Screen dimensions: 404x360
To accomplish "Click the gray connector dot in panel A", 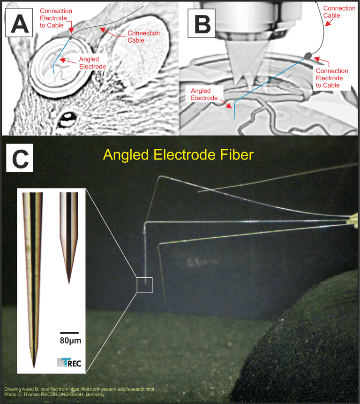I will [71, 36].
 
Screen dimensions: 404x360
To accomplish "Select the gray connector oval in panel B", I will [308, 56].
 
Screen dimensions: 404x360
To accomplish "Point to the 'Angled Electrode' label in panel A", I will [92, 63].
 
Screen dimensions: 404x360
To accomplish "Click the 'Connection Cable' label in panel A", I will [143, 37].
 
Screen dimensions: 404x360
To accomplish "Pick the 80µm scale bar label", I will [69, 340].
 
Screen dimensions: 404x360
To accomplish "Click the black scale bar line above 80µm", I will [69, 332].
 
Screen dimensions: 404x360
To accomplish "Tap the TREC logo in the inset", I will [68, 363].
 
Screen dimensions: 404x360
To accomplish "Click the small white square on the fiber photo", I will [145, 285].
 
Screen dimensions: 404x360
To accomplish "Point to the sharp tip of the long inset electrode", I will [34, 366].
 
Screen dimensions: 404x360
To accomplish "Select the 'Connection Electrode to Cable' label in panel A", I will [56, 17].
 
